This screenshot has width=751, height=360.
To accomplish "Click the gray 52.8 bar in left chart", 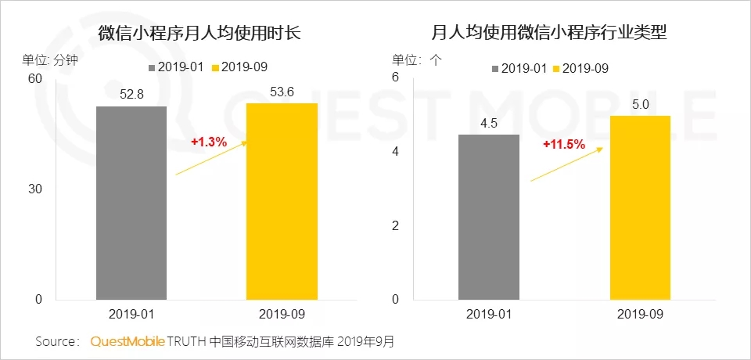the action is tap(131, 203).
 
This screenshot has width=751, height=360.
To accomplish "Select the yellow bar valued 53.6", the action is tap(282, 202).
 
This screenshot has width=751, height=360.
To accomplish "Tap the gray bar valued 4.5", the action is tap(488, 217).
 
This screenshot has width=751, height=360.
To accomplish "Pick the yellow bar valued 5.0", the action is tap(640, 208).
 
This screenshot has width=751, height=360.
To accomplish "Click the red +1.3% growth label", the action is tap(209, 142).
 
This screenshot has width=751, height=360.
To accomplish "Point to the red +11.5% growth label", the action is tap(564, 144).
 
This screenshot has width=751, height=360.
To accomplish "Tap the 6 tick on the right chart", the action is tap(396, 77).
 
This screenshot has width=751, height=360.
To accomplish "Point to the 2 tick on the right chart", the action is tap(396, 225).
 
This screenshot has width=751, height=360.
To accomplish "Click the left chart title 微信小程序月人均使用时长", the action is tap(199, 34).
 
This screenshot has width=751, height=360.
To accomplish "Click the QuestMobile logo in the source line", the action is tap(128, 342).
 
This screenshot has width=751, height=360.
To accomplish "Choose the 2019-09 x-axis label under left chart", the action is tap(282, 315).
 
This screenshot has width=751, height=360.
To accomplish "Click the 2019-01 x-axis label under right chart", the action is tap(488, 315).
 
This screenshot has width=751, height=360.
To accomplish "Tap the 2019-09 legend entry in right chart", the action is tap(580, 69).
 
